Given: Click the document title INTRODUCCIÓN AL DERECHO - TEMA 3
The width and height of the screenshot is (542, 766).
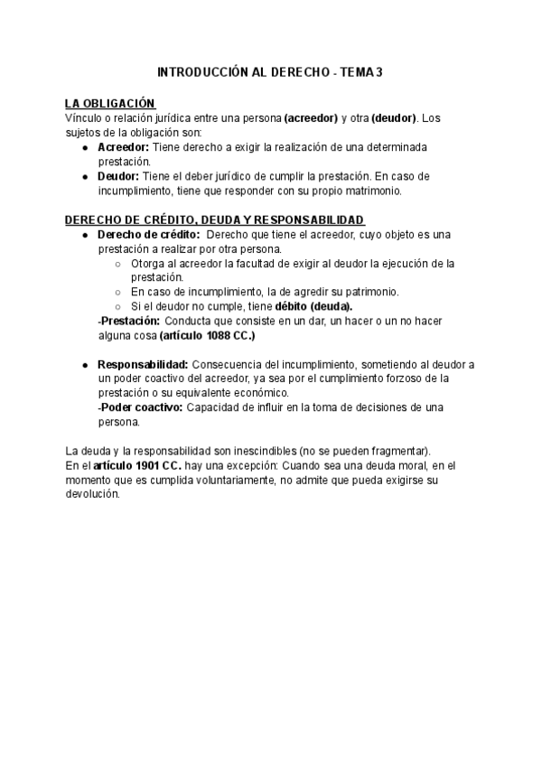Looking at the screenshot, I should (270, 71).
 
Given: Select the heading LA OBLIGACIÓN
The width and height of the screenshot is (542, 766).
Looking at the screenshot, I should (110, 105).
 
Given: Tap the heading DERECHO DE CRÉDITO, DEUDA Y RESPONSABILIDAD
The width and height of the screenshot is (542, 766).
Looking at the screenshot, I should (215, 220).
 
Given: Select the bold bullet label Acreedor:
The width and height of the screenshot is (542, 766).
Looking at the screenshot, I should (123, 146).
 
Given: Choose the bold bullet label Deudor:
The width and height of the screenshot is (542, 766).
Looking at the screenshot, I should (118, 176).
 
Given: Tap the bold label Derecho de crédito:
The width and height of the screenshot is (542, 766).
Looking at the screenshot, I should (148, 235).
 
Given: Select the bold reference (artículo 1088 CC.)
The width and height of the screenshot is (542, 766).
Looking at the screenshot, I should (208, 335).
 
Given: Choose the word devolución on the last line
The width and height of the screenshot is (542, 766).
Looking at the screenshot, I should (92, 494).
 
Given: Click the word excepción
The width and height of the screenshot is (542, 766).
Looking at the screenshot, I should (248, 465).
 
